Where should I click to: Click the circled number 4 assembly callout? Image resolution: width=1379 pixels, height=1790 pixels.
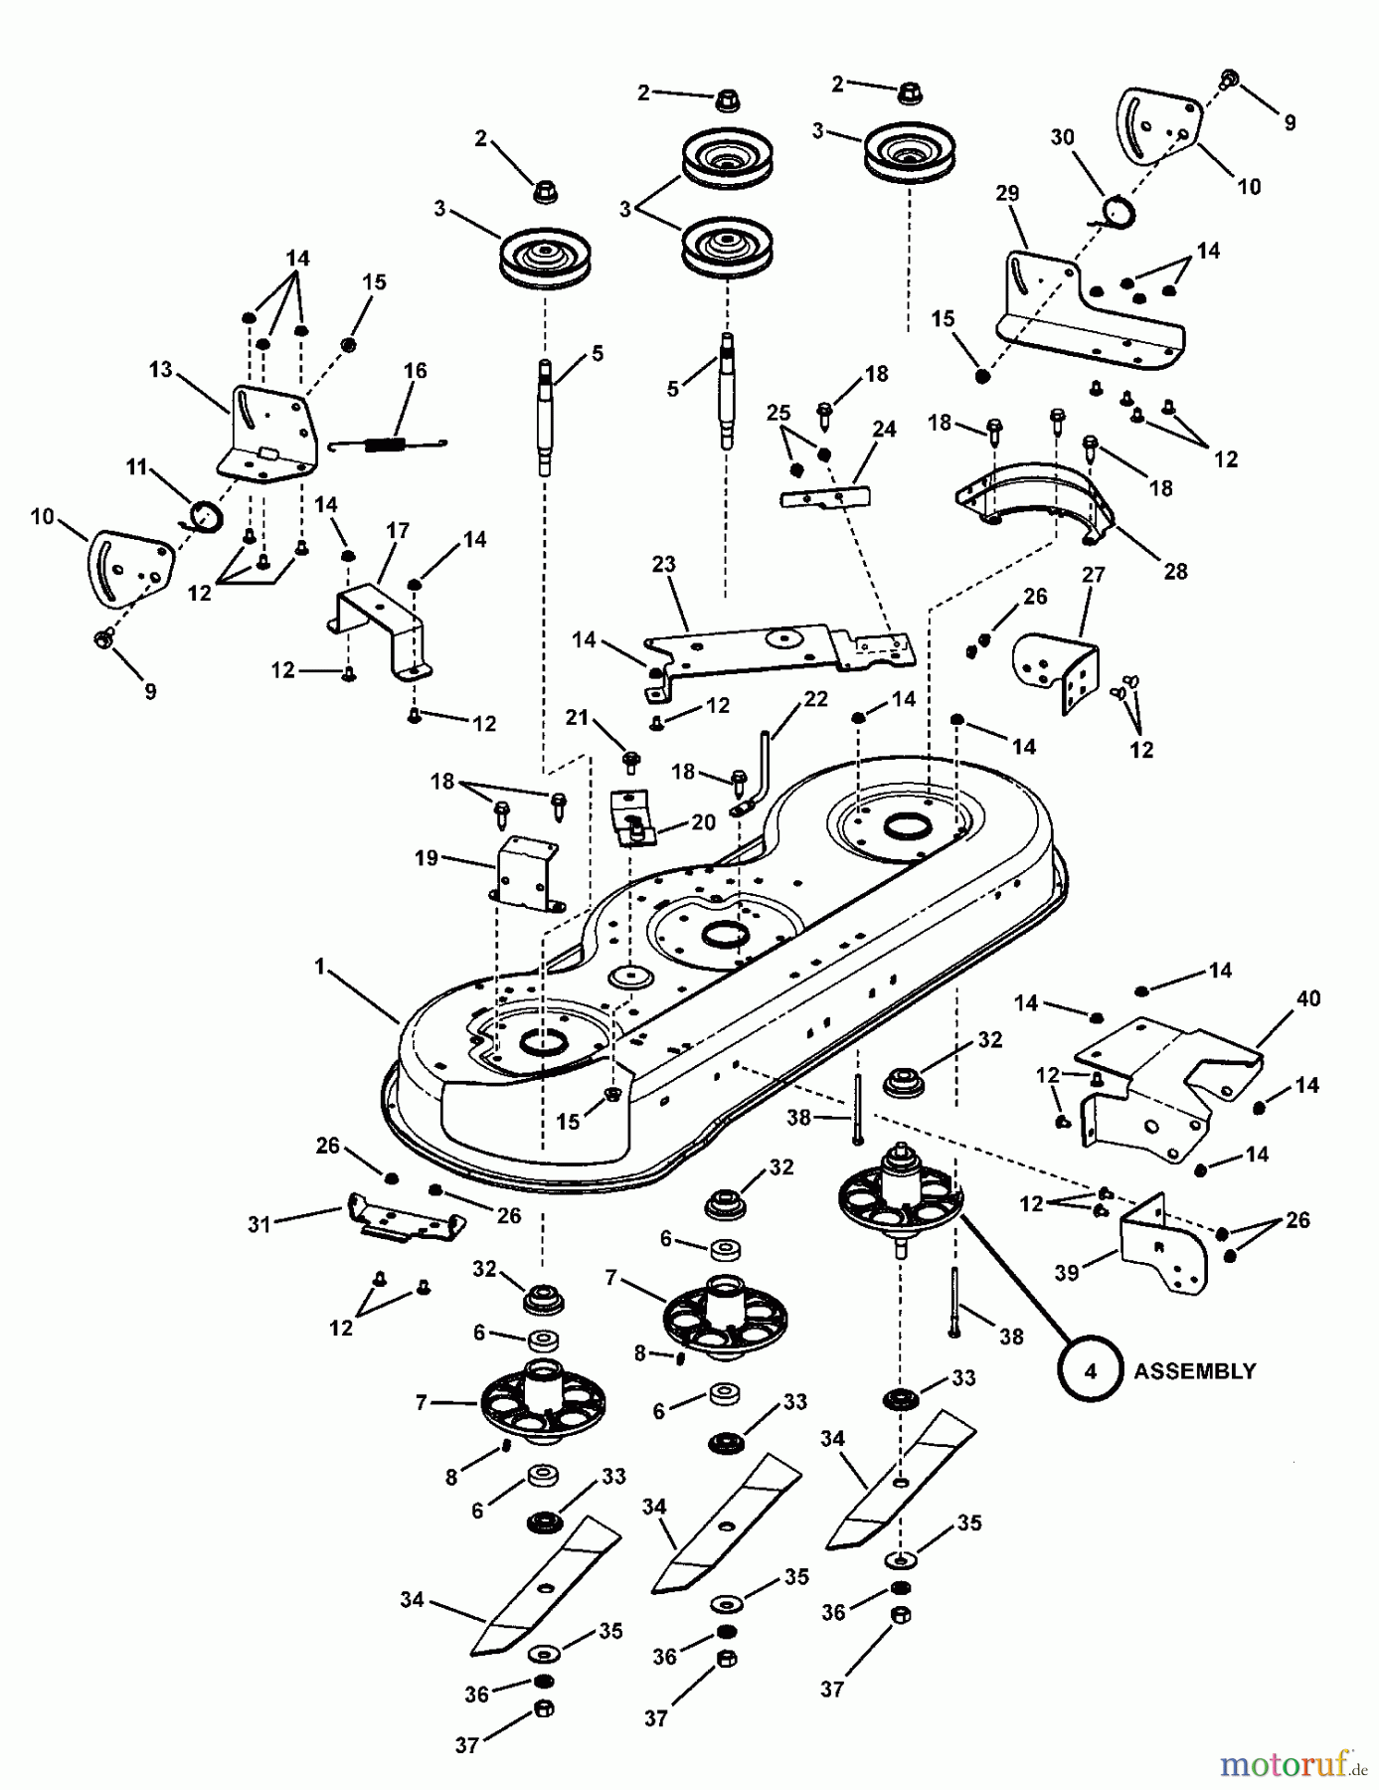click(1091, 1370)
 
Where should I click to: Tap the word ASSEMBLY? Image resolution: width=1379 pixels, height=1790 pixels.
click(1194, 1371)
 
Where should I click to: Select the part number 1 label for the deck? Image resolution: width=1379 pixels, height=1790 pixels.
click(320, 966)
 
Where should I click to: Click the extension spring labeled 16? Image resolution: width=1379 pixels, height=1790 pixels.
click(387, 444)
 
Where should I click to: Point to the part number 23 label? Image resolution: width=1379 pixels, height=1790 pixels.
click(663, 564)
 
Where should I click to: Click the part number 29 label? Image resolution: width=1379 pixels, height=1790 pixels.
click(1007, 193)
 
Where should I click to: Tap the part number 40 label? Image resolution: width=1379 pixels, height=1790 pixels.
click(1308, 997)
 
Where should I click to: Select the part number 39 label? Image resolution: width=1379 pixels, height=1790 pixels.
click(1067, 1272)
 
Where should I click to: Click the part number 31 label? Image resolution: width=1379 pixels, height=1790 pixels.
click(259, 1224)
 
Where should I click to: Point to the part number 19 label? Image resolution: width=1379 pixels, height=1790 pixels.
click(427, 857)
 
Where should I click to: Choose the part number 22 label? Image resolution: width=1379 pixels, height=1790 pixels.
click(815, 700)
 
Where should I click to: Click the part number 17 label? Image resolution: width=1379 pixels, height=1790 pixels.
click(397, 531)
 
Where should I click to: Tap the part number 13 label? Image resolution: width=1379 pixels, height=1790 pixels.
click(161, 369)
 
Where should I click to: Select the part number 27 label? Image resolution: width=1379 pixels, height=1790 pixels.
click(1093, 575)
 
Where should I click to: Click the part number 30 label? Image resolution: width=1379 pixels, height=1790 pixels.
click(1063, 137)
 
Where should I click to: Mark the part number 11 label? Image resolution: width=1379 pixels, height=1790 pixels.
click(137, 465)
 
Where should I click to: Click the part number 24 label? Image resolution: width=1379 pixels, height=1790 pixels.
click(884, 429)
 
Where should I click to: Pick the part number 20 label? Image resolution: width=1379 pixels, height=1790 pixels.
click(703, 822)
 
